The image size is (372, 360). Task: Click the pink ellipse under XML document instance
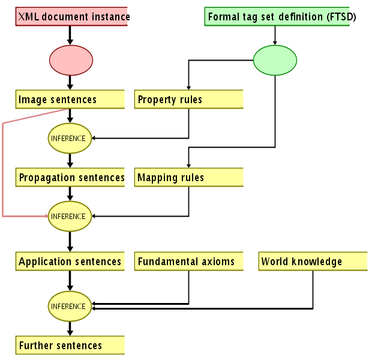[71, 60]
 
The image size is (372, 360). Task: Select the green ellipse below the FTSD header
[275, 60]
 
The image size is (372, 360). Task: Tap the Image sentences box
[70, 100]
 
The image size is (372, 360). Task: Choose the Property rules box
[188, 100]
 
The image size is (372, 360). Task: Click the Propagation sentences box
[70, 178]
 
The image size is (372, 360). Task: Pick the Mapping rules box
[188, 178]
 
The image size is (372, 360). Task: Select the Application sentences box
[70, 262]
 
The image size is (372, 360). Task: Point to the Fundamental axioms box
[188, 262]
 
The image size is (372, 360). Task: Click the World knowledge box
[313, 262]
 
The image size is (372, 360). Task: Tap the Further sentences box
[70, 346]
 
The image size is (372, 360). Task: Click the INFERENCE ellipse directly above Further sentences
[70, 306]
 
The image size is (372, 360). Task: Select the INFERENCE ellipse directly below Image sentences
[70, 138]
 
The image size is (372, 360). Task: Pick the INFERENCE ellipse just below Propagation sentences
[70, 216]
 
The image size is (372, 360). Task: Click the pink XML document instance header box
[72, 17]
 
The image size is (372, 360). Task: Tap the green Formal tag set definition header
[277, 17]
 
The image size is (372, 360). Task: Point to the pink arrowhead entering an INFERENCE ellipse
[45, 215]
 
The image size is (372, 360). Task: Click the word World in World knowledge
[275, 262]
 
